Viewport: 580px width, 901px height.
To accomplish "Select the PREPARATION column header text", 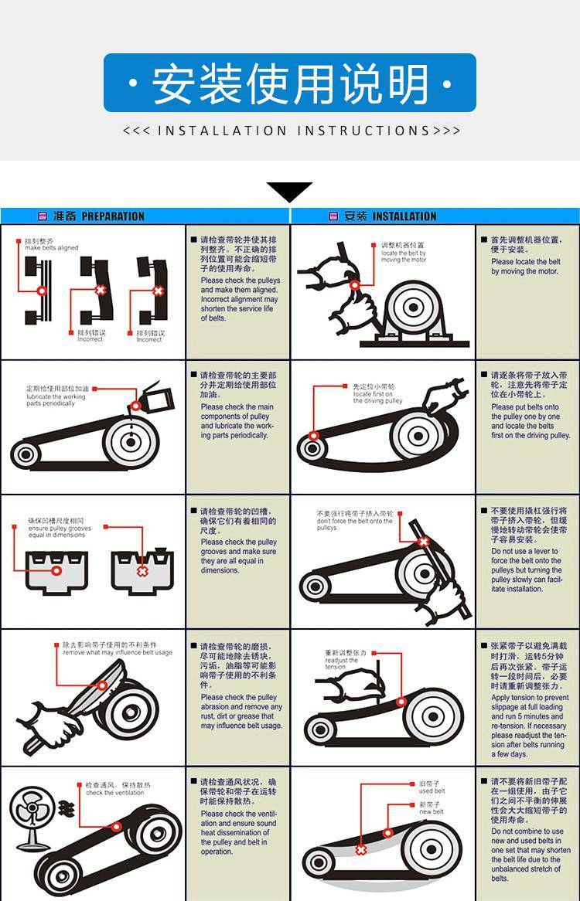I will point(112,216).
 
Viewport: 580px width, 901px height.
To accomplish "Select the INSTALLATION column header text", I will point(404,216).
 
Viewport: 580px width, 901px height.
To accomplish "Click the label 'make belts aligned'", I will point(51,248).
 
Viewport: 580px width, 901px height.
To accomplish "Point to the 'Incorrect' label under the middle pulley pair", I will point(90,339).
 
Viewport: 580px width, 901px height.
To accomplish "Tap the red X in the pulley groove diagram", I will point(142,570).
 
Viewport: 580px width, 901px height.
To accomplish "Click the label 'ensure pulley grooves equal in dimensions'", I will point(59,532).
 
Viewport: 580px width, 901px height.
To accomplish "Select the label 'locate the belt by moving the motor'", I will point(403,257).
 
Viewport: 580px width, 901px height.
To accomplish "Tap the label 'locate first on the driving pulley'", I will point(377,397).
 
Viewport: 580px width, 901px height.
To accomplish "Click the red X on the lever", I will point(423,542).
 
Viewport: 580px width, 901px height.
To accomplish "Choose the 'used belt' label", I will point(432,791).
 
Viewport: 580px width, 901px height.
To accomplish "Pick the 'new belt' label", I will point(431,812).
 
